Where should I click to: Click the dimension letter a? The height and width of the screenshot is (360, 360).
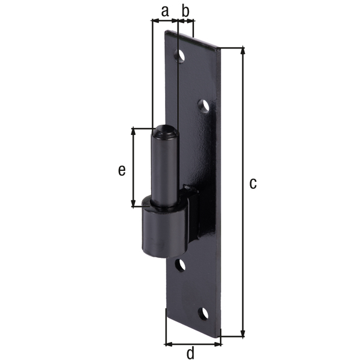coord(165,11)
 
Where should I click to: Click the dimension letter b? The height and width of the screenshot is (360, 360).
coord(185,10)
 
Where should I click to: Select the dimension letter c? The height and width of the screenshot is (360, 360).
coord(253,184)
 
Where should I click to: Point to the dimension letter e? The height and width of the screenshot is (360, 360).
coord(122,170)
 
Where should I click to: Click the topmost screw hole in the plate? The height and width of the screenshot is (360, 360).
coord(179,56)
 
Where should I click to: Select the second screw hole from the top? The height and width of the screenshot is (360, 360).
coord(203,106)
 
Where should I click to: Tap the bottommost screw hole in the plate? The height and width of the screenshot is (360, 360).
coord(203,314)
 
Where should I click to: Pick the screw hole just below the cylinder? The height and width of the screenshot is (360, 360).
coord(181,266)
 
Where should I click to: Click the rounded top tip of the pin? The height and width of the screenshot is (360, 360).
coord(166,131)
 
